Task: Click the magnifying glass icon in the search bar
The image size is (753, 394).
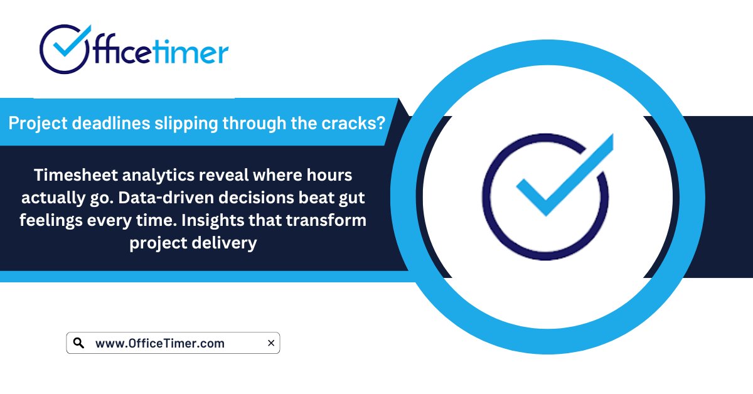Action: (x=78, y=343)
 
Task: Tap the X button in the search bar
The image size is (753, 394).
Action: (x=270, y=343)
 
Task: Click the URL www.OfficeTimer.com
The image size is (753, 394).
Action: (x=159, y=343)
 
